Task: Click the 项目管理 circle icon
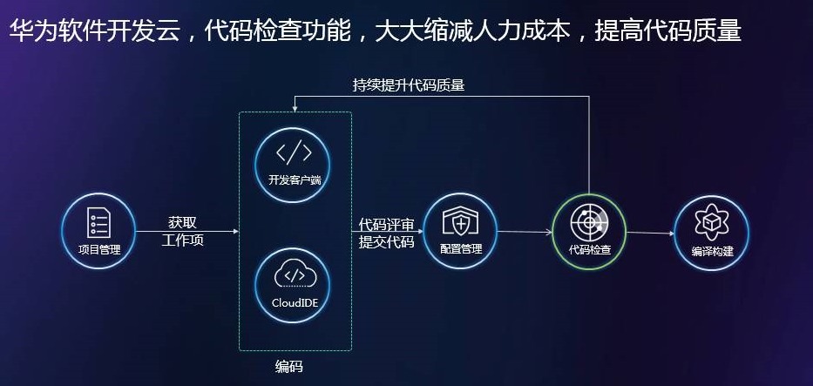pos(98,230)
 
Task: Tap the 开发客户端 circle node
pos(293,162)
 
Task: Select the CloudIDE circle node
pos(293,284)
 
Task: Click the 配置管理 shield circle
pos(460,230)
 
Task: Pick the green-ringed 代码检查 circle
pos(589,230)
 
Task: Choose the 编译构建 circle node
pos(711,231)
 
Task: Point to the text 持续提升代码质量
pos(408,85)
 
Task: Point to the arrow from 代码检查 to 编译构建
pos(650,233)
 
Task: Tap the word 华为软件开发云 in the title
pos(100,31)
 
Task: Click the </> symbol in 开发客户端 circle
pos(293,152)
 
